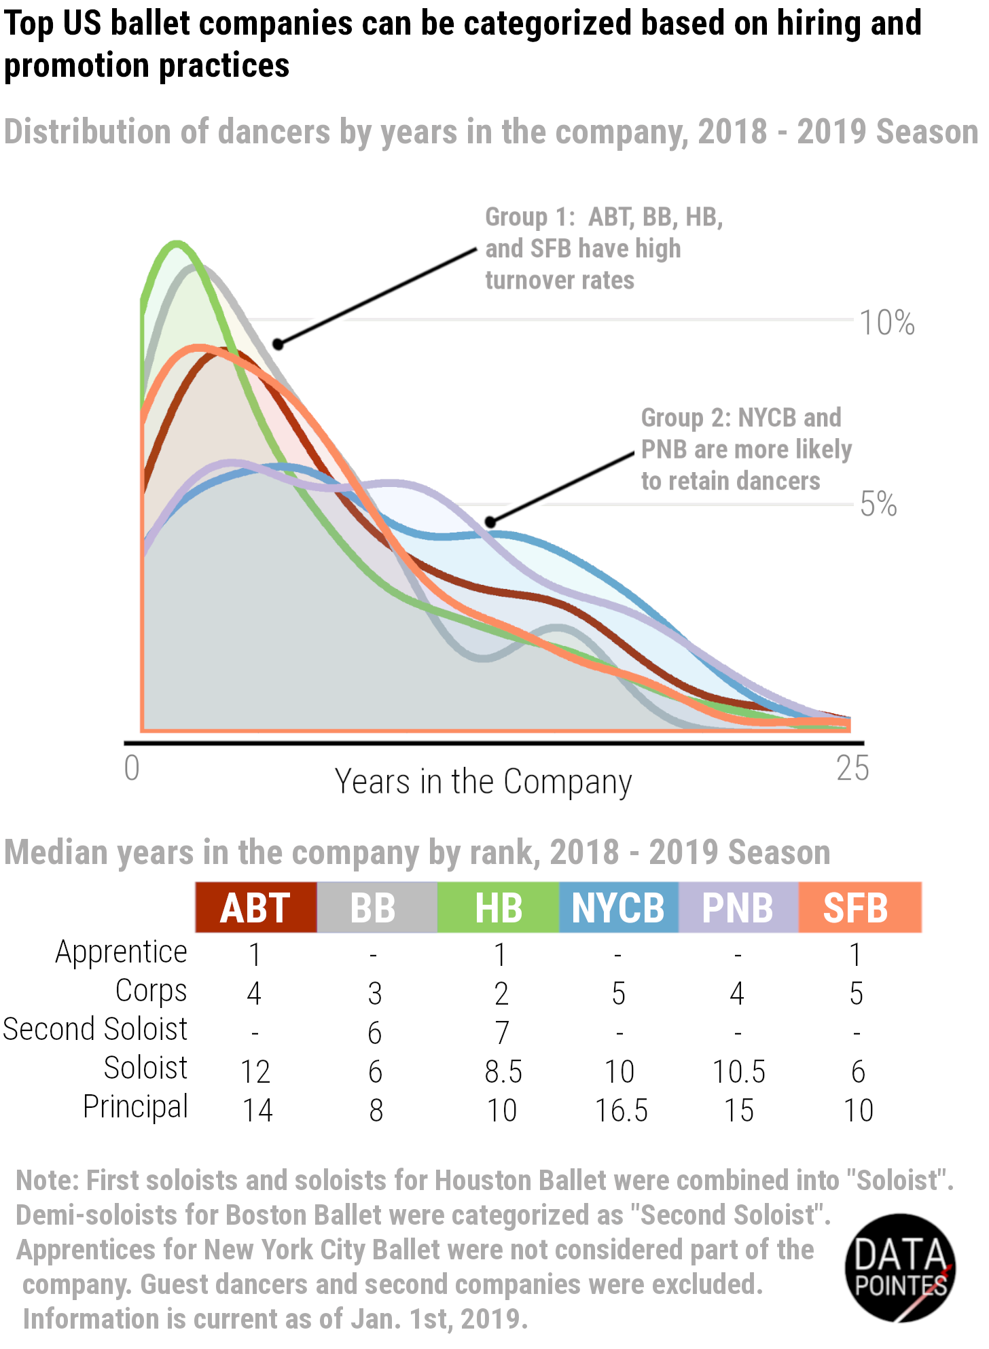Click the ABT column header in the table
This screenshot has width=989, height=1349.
[x=255, y=907]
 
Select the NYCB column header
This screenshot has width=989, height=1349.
[x=618, y=907]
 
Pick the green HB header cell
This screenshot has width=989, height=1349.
[x=498, y=907]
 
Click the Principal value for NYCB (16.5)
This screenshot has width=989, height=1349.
[x=622, y=1111]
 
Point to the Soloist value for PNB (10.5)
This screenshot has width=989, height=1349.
[x=738, y=1072]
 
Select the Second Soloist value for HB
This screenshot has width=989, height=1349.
[x=501, y=1033]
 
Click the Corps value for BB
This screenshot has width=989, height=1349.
[x=375, y=994]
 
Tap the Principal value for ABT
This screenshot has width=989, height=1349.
[x=257, y=1111]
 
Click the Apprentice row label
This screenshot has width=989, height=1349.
[x=121, y=952]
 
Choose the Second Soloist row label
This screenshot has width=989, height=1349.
[x=95, y=1029]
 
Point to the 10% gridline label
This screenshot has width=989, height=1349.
[x=887, y=323]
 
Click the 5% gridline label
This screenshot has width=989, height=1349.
[x=878, y=504]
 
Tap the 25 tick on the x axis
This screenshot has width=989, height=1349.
[x=852, y=768]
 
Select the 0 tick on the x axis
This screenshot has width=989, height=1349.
[x=132, y=768]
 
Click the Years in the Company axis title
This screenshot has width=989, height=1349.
[x=483, y=782]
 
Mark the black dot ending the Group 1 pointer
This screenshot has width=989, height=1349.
[x=278, y=344]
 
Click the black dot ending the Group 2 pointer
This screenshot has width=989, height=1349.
[x=490, y=522]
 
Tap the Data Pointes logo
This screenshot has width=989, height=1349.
[x=901, y=1267]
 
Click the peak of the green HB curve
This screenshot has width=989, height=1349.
[x=177, y=242]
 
